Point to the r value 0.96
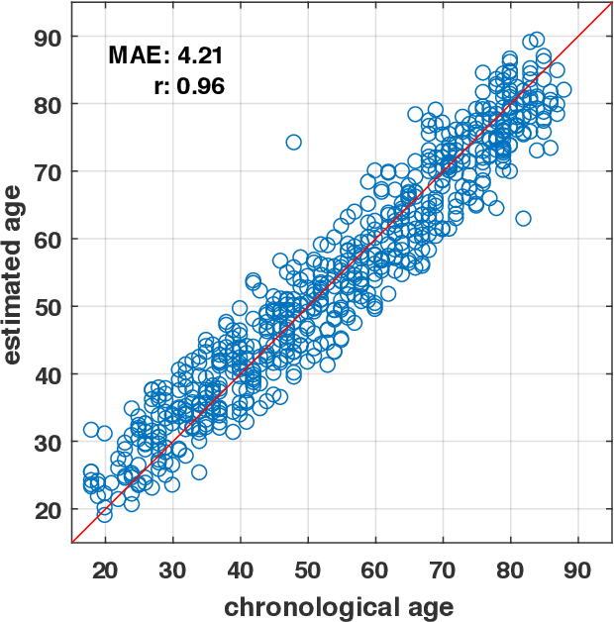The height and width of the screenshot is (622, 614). tap(201, 86)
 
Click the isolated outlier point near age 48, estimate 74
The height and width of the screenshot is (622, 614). tap(293, 143)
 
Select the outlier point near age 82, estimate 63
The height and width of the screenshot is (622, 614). tap(523, 218)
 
